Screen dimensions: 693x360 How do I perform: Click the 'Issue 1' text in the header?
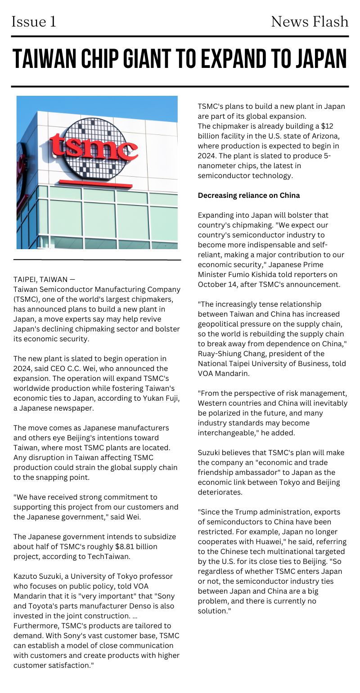tap(34, 22)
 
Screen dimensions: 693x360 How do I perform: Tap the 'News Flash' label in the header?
tap(310, 22)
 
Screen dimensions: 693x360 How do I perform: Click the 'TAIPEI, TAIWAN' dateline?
tap(41, 279)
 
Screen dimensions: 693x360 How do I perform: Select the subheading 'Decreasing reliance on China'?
tap(249, 195)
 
